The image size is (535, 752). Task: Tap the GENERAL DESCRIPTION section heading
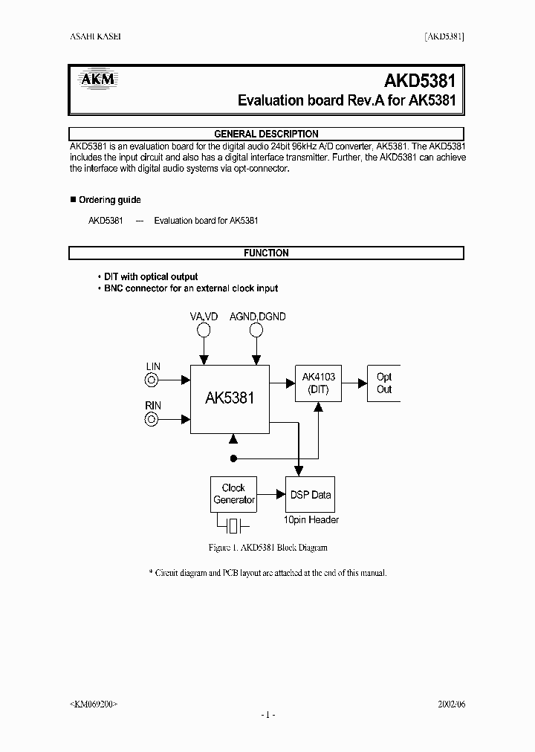tap(266, 134)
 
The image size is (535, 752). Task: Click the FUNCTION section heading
tap(266, 253)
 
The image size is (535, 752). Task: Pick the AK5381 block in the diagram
tap(230, 398)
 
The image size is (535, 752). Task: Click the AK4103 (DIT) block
tap(319, 383)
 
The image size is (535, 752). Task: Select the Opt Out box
tap(383, 383)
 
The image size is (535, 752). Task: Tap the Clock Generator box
tap(234, 494)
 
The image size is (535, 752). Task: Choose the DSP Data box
tap(310, 494)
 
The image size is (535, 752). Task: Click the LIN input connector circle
tap(152, 380)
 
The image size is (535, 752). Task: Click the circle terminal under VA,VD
tap(203, 330)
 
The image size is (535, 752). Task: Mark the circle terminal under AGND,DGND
tap(256, 330)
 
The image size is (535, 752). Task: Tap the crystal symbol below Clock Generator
tap(234, 526)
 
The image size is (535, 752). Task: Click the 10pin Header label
tap(311, 520)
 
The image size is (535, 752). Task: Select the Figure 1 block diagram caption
tap(267, 548)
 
